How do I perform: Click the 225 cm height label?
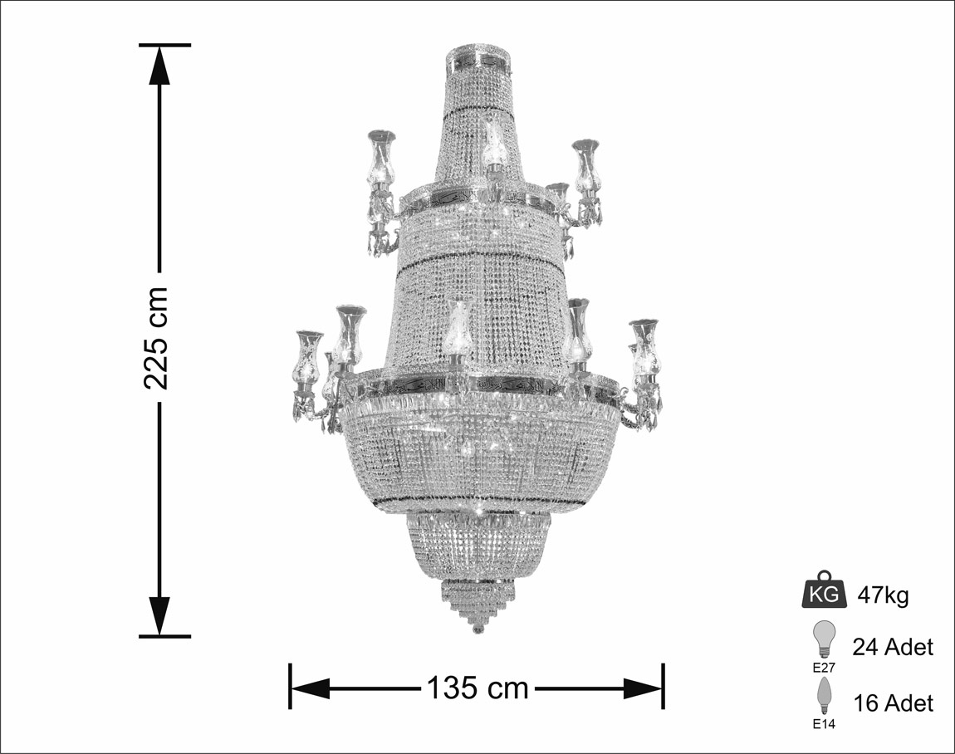tap(157, 338)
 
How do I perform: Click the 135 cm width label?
tap(477, 687)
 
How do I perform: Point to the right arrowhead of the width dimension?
tap(643, 688)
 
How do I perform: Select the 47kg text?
tap(883, 595)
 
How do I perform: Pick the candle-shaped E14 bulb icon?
tap(824, 696)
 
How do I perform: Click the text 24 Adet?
tap(893, 647)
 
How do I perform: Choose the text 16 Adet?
tap(893, 703)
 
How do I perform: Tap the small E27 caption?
tap(824, 666)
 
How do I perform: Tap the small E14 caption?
tap(824, 724)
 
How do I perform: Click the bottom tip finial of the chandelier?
tap(477, 629)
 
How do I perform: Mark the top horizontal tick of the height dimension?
tap(164, 45)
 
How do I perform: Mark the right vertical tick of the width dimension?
tap(663, 687)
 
